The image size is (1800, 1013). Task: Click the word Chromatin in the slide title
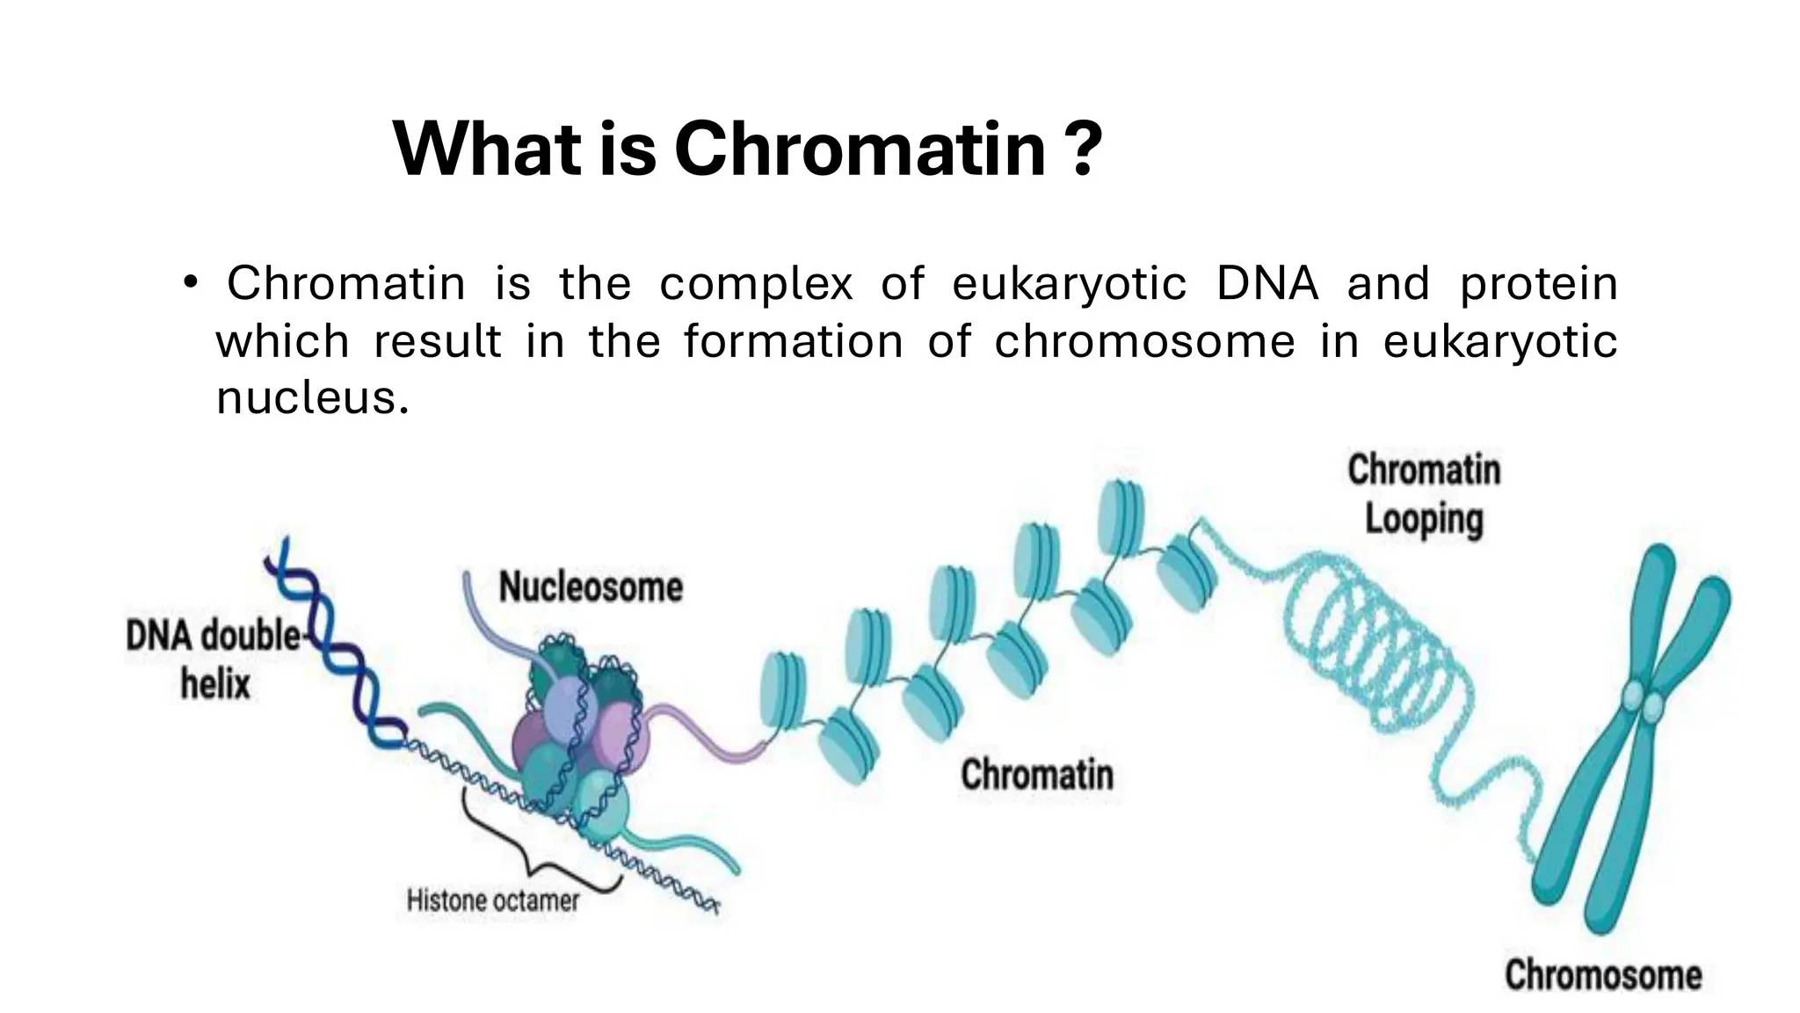(860, 149)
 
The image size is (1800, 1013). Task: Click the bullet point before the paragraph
(191, 283)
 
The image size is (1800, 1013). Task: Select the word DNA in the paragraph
(1267, 283)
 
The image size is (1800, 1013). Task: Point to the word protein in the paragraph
(1538, 283)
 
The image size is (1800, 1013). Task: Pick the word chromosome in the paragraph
(1144, 341)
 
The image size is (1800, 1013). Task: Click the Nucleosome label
(591, 587)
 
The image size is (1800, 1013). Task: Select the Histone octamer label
(493, 900)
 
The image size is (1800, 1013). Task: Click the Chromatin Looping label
(1424, 494)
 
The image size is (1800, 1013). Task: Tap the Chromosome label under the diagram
(1603, 975)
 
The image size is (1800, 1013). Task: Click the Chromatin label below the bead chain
(1037, 775)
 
